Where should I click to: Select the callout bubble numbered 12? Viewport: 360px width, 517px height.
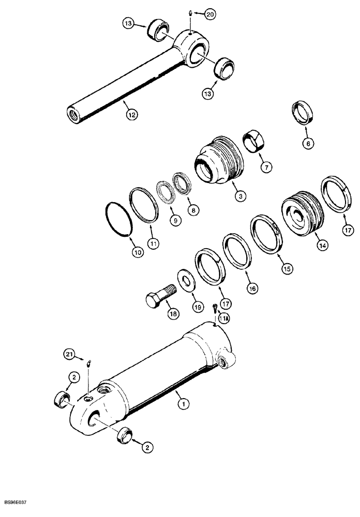pyautogui.click(x=132, y=115)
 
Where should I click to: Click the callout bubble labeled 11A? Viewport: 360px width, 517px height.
pyautogui.click(x=224, y=319)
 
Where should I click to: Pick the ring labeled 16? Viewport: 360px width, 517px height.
pyautogui.click(x=237, y=251)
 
